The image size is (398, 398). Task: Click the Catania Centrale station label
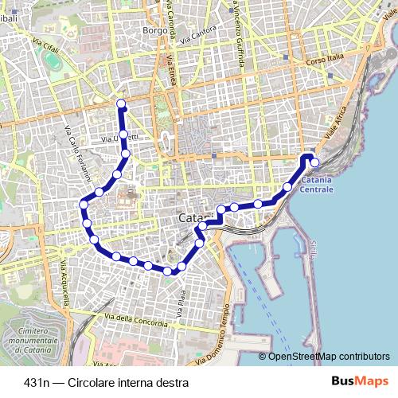click(316, 185)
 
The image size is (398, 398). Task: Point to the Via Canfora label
click(197, 36)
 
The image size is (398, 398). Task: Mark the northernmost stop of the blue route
click(121, 103)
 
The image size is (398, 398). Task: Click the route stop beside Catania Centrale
click(314, 162)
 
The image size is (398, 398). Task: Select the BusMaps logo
click(367, 380)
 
